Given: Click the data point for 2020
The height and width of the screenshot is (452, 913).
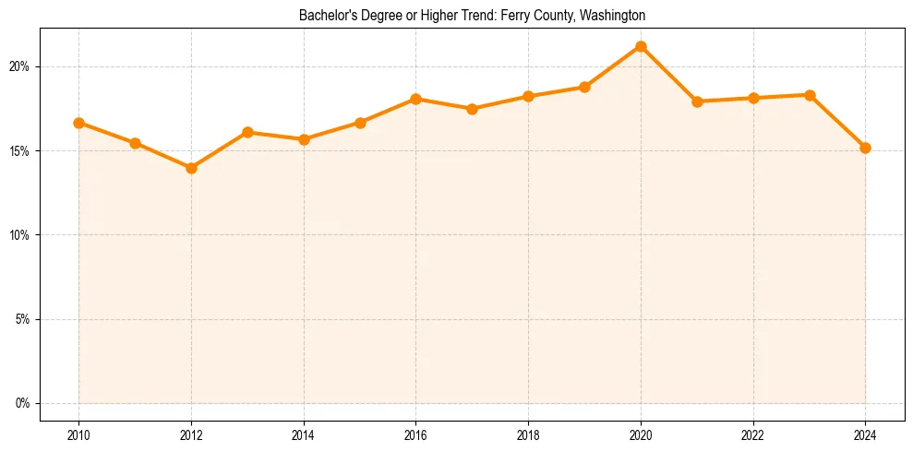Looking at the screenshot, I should point(641,46).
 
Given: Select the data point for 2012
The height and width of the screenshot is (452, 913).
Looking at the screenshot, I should point(191,168).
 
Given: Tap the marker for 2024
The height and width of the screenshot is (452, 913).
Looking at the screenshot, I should point(865,148).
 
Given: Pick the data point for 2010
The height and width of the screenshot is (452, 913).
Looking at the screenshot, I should point(78,123).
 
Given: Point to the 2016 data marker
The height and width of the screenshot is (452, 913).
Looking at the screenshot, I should point(415,99).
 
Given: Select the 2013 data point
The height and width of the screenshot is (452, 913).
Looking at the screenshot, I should point(247,132).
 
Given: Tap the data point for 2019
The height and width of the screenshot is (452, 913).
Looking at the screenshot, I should point(584,87).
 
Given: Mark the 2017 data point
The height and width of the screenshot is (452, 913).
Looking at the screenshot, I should point(472,109).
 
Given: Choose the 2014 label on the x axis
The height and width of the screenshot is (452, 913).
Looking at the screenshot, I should point(304,434).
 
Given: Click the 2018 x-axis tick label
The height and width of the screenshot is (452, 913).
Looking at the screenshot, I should point(528,434).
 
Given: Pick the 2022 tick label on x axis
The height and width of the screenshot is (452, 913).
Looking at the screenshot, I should point(752,434).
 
